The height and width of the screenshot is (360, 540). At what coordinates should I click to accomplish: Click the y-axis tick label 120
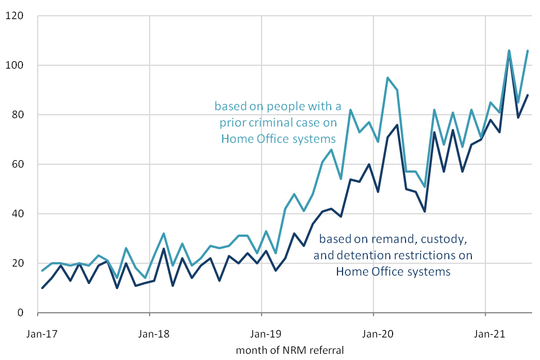pyautogui.click(x=15, y=16)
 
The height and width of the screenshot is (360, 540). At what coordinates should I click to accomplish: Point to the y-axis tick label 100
pyautogui.click(x=15, y=65)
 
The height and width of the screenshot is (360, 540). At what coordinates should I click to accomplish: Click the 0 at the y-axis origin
pyautogui.click(x=21, y=313)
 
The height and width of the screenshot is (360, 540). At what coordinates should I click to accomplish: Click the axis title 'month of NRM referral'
pyautogui.click(x=290, y=350)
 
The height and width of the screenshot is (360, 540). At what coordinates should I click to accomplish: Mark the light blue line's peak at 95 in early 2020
pyautogui.click(x=388, y=78)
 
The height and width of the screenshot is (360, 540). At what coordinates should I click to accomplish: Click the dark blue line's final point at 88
pyautogui.click(x=528, y=95)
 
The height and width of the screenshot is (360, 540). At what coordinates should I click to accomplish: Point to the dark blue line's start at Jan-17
pyautogui.click(x=43, y=288)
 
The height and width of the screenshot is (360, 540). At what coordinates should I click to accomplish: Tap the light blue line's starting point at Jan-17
pyautogui.click(x=43, y=271)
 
